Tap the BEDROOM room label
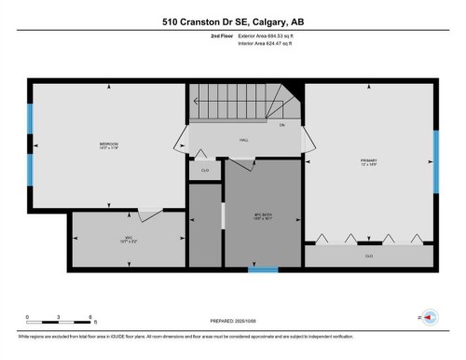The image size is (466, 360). (108, 145)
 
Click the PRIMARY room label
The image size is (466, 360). (369, 161)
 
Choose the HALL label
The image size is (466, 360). (244, 141)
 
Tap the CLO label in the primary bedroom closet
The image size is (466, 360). (369, 255)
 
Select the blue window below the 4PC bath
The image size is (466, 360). (263, 270)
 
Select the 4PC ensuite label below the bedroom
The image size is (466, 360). (108, 240)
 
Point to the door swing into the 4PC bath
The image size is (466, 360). (242, 164)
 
